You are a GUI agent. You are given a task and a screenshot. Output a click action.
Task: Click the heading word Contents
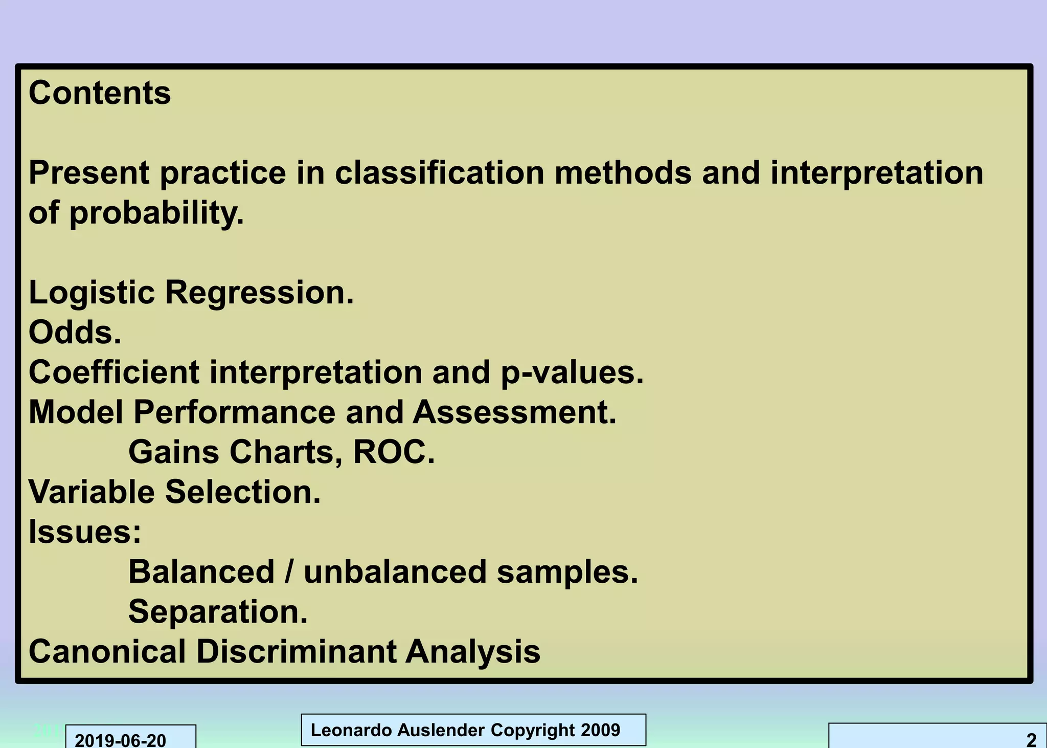point(100,93)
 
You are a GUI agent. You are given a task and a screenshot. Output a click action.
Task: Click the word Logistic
point(92,293)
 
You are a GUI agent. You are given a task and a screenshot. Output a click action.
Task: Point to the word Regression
point(259,293)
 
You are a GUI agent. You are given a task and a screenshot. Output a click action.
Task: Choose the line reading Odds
point(75,333)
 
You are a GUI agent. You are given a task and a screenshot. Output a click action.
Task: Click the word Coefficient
point(113,372)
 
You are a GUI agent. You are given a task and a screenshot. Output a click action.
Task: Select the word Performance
point(234,412)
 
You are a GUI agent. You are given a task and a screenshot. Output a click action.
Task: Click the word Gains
point(173,452)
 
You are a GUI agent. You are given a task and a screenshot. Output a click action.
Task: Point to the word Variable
point(92,492)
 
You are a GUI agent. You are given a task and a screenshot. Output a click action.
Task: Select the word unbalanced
point(395,571)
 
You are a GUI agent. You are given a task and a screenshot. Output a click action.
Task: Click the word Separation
point(218,611)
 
